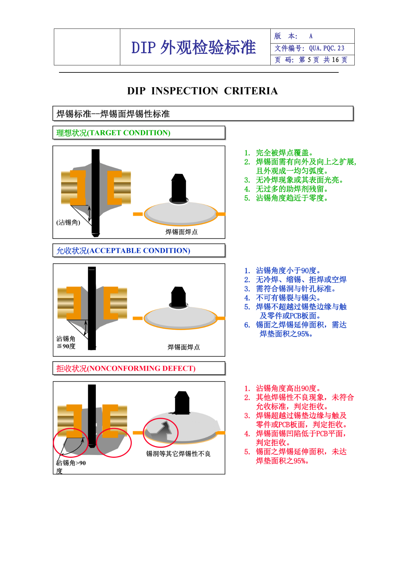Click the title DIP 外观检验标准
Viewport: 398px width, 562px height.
(193, 47)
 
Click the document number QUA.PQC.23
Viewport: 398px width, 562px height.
(326, 48)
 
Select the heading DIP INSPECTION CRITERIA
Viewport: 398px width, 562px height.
(202, 91)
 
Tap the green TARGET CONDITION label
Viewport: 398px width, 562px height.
(113, 133)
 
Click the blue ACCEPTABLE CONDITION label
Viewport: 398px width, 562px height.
(123, 251)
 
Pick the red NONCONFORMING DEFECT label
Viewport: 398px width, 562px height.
(126, 368)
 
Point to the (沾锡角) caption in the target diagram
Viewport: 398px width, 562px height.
(68, 222)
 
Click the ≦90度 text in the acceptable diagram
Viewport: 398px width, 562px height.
(66, 346)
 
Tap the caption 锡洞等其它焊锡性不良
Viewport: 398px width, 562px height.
(178, 454)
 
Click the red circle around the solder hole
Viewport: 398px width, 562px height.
(160, 433)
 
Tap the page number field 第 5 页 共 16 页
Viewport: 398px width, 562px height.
(323, 60)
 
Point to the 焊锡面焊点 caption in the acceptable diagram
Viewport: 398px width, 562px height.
(184, 347)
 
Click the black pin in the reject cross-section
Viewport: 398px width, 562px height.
(92, 416)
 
